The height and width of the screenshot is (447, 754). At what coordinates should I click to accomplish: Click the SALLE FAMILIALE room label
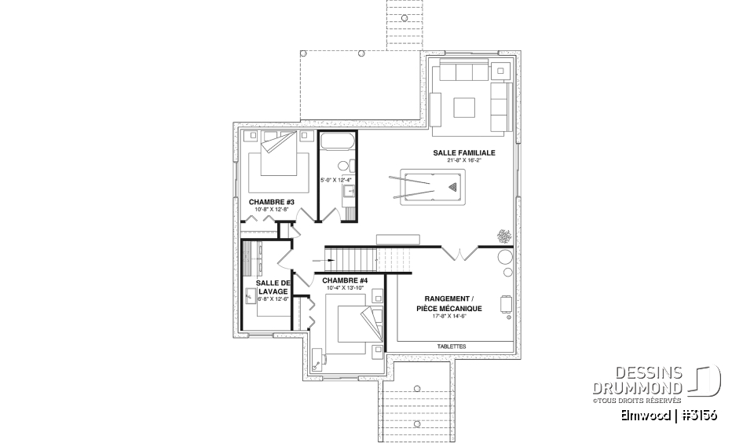[x=463, y=152]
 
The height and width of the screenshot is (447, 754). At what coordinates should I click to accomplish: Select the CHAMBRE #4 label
[x=344, y=280]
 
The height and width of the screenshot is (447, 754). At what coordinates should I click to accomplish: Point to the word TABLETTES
[x=451, y=346]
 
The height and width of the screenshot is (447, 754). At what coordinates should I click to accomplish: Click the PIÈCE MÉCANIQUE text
[x=449, y=309]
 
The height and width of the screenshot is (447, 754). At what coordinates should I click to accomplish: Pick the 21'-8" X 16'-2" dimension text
[x=463, y=160]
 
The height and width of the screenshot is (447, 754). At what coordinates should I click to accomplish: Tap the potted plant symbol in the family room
[x=501, y=235]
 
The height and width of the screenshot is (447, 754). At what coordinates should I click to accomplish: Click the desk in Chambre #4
[x=319, y=358]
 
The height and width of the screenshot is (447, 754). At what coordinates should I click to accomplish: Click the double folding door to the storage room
[x=458, y=253]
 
